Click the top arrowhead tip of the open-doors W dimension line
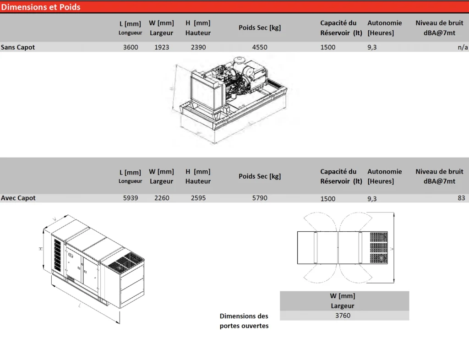click(394, 213)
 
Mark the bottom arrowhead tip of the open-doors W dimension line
click(394, 283)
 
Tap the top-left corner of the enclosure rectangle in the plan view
click(297, 231)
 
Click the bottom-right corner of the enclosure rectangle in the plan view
click(388, 264)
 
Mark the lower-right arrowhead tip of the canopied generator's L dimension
click(120, 323)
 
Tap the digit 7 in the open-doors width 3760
click(341, 316)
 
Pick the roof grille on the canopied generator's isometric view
click(125, 262)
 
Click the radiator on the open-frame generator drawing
click(207, 89)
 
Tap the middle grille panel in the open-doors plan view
click(379, 248)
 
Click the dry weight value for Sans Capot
click(260, 47)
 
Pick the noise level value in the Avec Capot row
click(461, 198)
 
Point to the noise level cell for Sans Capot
click(463, 47)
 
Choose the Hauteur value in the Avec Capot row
click(198, 198)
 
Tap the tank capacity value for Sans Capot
click(328, 47)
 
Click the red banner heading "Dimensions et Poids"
click(41, 7)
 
